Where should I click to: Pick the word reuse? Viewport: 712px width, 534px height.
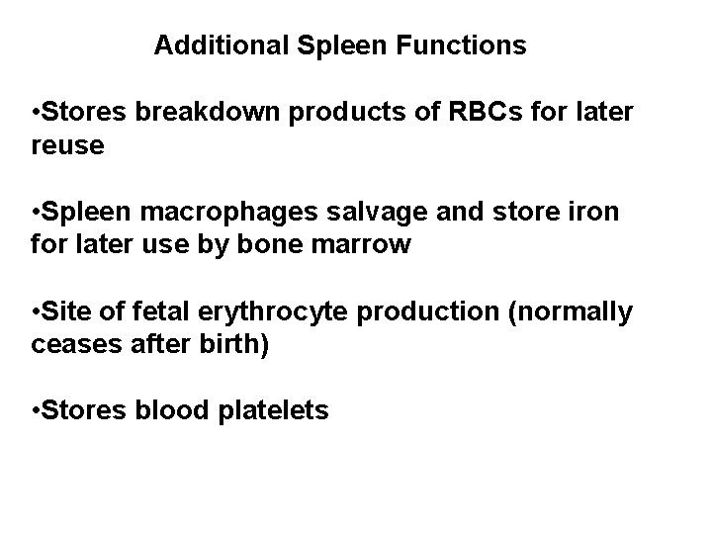point(67,145)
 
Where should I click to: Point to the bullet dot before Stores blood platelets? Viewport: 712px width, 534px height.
point(36,412)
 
